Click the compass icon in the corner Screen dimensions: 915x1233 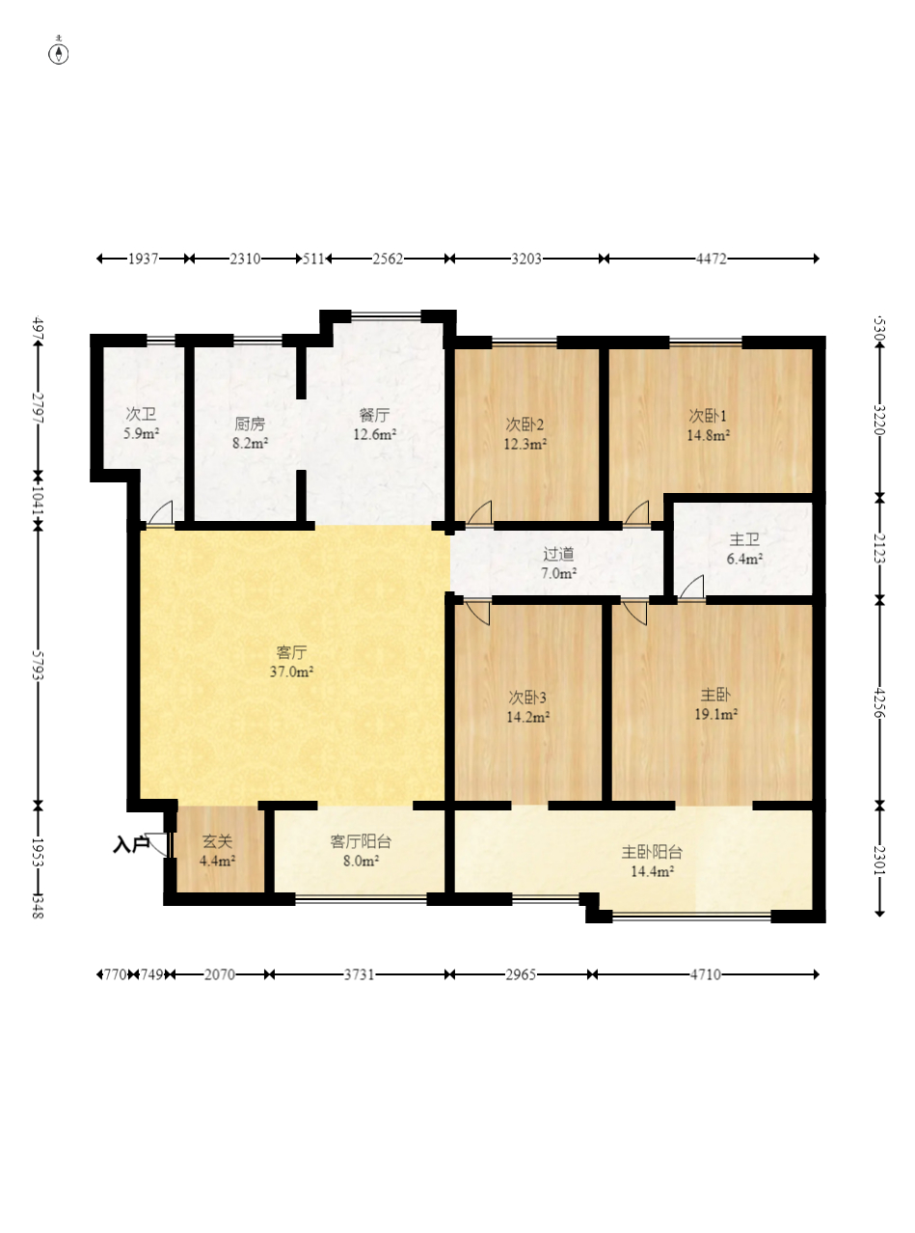[x=59, y=52]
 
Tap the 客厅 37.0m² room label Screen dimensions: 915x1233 [x=292, y=662]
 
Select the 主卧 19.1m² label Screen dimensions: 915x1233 [x=715, y=704]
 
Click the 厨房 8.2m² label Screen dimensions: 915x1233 [x=250, y=433]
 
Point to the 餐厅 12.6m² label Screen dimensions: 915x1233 [x=374, y=425]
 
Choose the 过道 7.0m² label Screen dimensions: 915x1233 [x=558, y=563]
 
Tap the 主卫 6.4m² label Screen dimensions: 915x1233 [x=744, y=549]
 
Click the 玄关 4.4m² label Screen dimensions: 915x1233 [x=217, y=851]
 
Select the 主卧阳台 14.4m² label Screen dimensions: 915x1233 [x=652, y=862]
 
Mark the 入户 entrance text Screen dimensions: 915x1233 [x=130, y=844]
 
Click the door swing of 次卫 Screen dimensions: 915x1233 [x=161, y=512]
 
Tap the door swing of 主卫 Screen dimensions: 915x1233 [x=691, y=587]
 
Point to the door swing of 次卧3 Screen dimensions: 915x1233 [x=478, y=612]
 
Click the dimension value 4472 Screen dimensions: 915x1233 [x=712, y=259]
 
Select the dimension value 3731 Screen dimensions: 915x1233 [x=359, y=974]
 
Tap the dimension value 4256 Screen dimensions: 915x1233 [x=879, y=702]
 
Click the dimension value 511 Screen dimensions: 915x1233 [x=314, y=259]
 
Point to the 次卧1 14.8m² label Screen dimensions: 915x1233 [x=708, y=425]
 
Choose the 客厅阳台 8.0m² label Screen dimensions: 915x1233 [x=362, y=851]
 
